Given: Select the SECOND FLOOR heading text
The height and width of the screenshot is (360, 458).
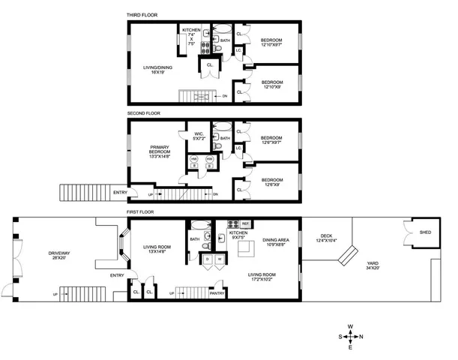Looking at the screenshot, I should (x=143, y=114).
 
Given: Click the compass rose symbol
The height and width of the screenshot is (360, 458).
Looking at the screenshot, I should (x=351, y=335).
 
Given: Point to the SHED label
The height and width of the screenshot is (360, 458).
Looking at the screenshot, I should (x=425, y=232).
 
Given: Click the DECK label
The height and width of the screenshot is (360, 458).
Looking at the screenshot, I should (x=324, y=237).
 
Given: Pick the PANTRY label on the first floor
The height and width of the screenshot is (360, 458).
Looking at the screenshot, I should (x=217, y=293).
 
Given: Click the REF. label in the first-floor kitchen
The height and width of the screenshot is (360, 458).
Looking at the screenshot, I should (x=244, y=224).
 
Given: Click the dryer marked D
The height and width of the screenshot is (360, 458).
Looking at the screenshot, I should (x=208, y=259).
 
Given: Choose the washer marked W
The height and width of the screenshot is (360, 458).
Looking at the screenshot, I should (x=220, y=259).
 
